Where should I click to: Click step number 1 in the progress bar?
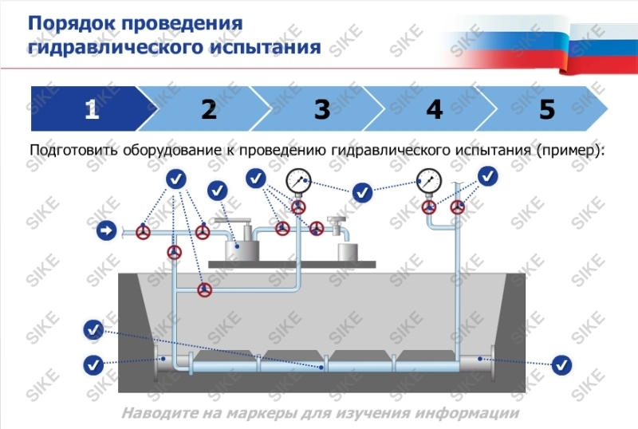coord(92,109)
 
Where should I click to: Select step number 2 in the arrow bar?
coord(209,109)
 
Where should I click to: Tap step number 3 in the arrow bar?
coord(322,109)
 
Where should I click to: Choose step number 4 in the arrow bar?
coord(435,109)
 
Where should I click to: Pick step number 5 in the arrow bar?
coord(547,109)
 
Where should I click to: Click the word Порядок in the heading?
coord(71,22)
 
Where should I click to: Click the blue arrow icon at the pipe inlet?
coord(105,231)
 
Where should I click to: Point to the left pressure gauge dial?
coord(298,181)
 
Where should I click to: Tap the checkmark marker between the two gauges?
coord(363,192)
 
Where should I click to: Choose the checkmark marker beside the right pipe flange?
coord(562,365)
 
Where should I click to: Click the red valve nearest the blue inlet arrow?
coord(144,232)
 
